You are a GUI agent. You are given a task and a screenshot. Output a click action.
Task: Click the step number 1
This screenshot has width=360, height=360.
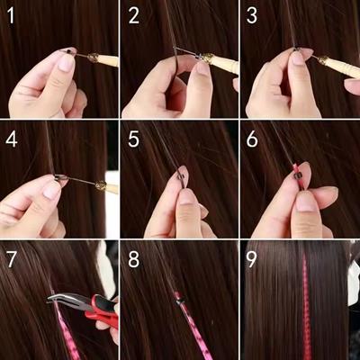pyautogui.click(x=13, y=15)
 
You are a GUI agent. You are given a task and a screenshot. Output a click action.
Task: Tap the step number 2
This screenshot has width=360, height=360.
pyautogui.click(x=134, y=15)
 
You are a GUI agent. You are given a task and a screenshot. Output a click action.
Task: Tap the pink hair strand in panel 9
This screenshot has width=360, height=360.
pyautogui.click(x=303, y=310)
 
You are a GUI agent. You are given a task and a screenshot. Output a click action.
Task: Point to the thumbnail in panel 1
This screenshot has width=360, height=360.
pyautogui.click(x=66, y=62)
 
